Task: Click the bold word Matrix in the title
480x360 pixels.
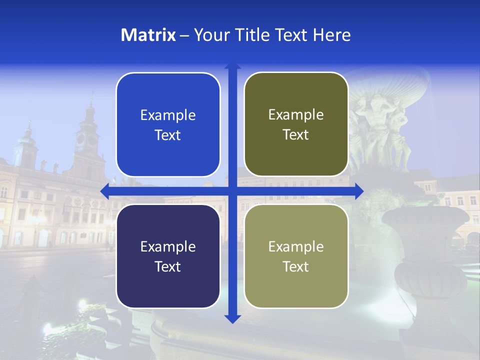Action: pyautogui.click(x=148, y=35)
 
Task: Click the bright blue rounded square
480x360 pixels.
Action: pyautogui.click(x=168, y=124)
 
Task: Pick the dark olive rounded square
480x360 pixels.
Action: pyautogui.click(x=296, y=124)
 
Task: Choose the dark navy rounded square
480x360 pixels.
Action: pyautogui.click(x=168, y=256)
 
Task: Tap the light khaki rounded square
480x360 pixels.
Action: pyautogui.click(x=296, y=256)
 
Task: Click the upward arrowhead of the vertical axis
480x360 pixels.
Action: pyautogui.click(x=232, y=67)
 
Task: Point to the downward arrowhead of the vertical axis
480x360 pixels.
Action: pyautogui.click(x=232, y=318)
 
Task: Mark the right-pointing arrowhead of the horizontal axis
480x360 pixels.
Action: pyautogui.click(x=359, y=191)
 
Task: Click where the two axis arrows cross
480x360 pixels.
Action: pyautogui.click(x=232, y=191)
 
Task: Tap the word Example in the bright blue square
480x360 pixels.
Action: pyautogui.click(x=168, y=115)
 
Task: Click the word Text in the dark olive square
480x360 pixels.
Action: pyautogui.click(x=296, y=135)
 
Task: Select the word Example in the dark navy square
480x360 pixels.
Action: pyautogui.click(x=168, y=246)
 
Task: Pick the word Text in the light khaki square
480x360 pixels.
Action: pyautogui.click(x=296, y=266)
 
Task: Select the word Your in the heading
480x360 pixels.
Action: pyautogui.click(x=211, y=35)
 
